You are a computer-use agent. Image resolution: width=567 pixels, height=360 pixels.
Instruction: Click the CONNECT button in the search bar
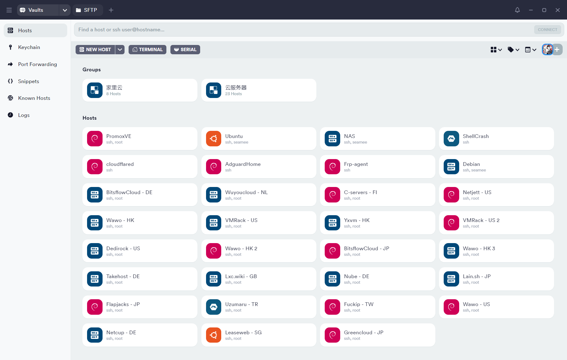(x=547, y=30)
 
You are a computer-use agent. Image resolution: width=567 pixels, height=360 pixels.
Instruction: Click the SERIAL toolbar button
(x=185, y=50)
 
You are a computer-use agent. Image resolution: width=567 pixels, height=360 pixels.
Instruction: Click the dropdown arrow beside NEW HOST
(x=120, y=50)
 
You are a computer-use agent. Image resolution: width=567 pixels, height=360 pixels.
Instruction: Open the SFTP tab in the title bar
(x=87, y=10)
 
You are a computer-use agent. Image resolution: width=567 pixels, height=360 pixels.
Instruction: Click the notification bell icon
(x=517, y=10)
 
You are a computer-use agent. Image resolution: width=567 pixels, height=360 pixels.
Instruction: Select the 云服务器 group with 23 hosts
(x=259, y=90)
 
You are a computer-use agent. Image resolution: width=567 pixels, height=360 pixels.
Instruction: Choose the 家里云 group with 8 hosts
(x=140, y=90)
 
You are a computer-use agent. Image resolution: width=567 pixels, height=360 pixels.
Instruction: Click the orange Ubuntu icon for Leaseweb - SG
(x=213, y=335)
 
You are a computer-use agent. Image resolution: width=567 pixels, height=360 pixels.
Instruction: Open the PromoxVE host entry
(x=140, y=139)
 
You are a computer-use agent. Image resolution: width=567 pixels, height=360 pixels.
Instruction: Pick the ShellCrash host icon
(x=451, y=139)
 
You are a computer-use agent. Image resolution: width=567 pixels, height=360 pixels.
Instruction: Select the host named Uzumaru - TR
(x=259, y=307)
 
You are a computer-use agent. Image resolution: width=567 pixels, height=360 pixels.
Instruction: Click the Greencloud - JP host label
(x=363, y=332)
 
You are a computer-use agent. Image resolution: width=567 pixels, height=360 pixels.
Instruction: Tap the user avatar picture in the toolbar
(x=547, y=50)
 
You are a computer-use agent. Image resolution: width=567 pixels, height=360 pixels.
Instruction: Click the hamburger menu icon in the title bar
(x=9, y=10)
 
